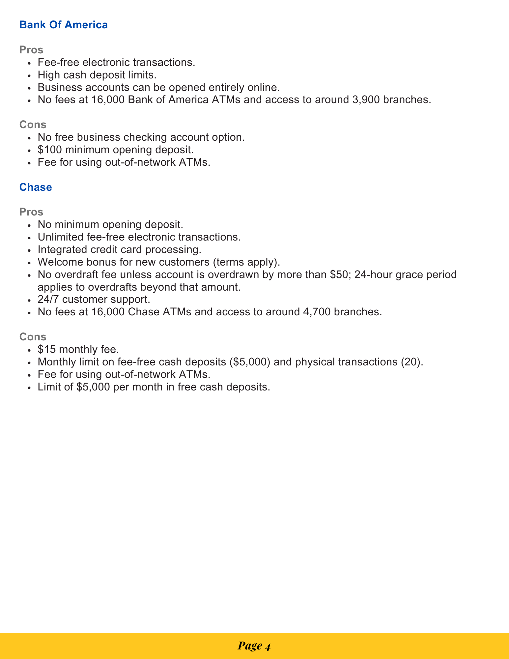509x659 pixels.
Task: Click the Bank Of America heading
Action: tap(64, 25)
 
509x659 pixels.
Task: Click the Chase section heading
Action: tap(36, 187)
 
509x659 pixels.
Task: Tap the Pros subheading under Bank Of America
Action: tap(31, 50)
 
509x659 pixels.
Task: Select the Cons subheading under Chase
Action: tap(33, 336)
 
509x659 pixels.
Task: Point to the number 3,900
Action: tap(362, 100)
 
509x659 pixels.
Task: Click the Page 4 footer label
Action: tap(254, 646)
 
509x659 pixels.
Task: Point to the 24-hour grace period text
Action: tap(405, 274)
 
